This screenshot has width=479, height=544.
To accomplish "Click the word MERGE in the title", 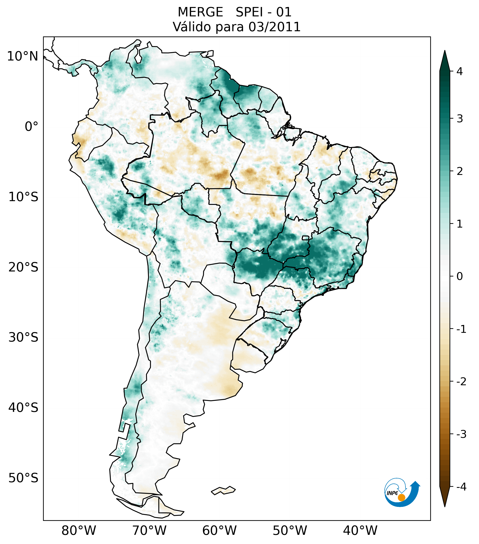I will pyautogui.click(x=200, y=12).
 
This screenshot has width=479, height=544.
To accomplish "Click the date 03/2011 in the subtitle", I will pyautogui.click(x=274, y=27).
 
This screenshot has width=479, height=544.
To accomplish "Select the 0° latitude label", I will pyautogui.click(x=31, y=127).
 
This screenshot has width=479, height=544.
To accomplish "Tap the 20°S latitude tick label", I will pyautogui.click(x=23, y=267).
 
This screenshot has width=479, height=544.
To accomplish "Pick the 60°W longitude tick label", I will pyautogui.click(x=219, y=530).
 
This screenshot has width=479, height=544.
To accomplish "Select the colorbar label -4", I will pyautogui.click(x=461, y=487).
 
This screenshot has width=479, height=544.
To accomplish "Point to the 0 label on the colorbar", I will pyautogui.click(x=460, y=276).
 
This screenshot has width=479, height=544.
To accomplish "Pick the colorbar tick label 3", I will pyautogui.click(x=460, y=119).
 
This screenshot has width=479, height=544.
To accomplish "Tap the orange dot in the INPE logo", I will pyautogui.click(x=401, y=497).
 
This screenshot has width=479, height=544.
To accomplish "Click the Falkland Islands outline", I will pyautogui.click(x=223, y=490).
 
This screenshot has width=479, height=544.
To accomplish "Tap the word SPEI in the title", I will pyautogui.click(x=249, y=12).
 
